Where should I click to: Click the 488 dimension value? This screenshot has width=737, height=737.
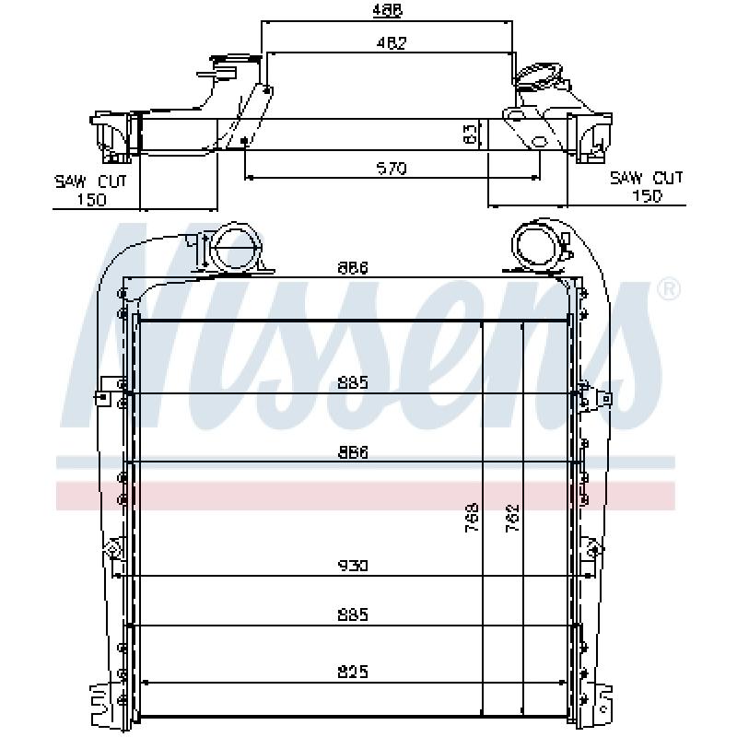click(387, 10)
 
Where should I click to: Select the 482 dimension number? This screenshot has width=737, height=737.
click(391, 42)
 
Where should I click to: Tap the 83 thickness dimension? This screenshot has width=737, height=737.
click(471, 134)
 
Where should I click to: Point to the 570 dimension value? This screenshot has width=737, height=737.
click(392, 168)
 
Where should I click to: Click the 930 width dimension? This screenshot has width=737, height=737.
click(353, 565)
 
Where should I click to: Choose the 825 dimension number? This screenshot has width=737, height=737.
click(353, 672)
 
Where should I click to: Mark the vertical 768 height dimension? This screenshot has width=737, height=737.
click(472, 518)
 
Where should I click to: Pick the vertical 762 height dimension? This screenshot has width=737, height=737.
click(512, 518)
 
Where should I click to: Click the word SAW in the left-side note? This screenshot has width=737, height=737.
click(71, 181)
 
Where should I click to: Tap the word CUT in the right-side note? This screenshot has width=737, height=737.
click(668, 178)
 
